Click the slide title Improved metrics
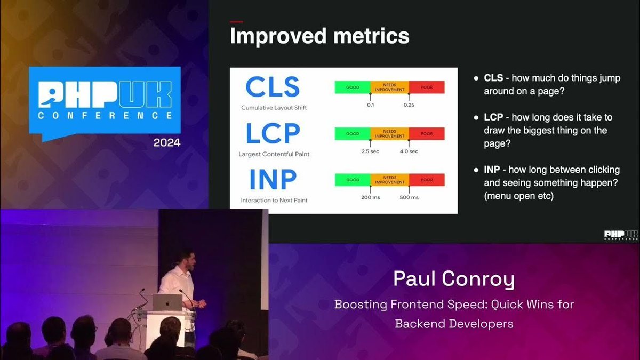point(319,36)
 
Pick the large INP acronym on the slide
point(273,180)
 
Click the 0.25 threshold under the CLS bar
point(409,105)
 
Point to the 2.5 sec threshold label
point(370,151)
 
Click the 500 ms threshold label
point(409,197)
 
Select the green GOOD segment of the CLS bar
point(353,87)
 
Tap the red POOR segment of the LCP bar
point(427,134)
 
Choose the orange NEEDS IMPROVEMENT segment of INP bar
point(389,180)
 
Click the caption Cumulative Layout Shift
point(274,108)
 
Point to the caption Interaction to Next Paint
point(274,201)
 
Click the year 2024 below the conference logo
point(167,143)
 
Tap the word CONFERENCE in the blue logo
point(105,115)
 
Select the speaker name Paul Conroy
point(454,278)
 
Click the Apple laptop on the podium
point(167,302)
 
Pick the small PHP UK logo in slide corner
point(621,235)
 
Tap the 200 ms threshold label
point(370,197)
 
